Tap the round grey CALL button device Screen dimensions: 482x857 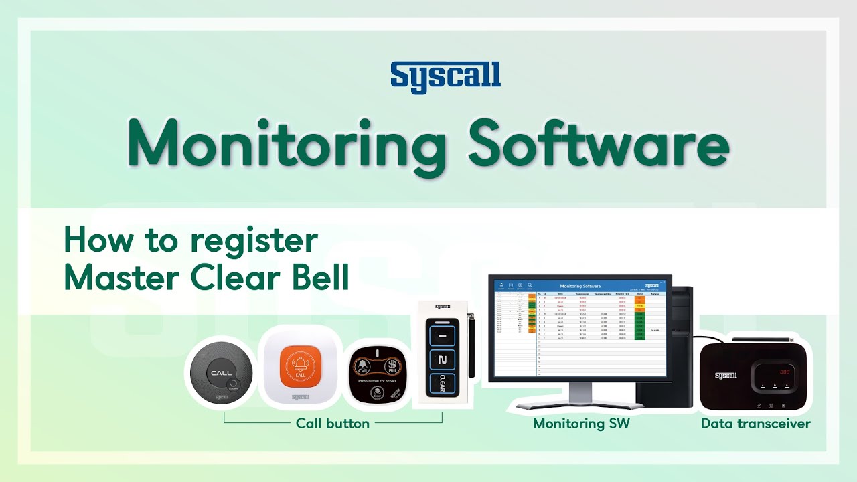[x=222, y=372]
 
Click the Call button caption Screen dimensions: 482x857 [x=333, y=424]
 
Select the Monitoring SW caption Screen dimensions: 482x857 [x=581, y=424]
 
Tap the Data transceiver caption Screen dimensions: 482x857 [x=755, y=424]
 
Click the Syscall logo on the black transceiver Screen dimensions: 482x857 [x=725, y=375]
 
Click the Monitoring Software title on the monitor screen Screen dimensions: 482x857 [x=580, y=286]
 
